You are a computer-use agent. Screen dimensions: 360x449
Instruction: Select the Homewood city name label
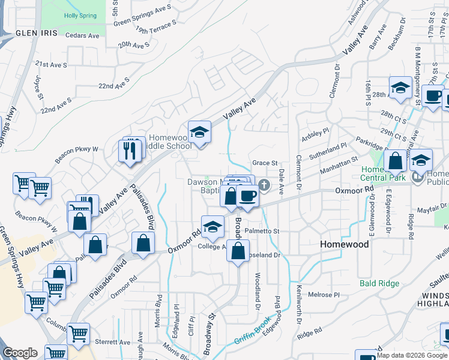coord(344,245)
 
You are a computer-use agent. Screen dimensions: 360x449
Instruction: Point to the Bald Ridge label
coord(379,283)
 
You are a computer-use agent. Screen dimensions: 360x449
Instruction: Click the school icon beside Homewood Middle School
coord(199,131)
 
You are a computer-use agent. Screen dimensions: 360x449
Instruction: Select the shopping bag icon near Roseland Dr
coord(238,251)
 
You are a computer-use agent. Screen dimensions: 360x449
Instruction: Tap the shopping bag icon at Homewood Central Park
coord(396,161)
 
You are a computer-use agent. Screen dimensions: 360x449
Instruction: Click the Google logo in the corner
coord(20,353)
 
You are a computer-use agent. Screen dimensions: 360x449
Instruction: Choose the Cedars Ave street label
coord(83,35)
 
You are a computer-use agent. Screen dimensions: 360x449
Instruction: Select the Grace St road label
coord(265,163)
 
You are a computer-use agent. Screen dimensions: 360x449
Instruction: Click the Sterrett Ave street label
coord(109,342)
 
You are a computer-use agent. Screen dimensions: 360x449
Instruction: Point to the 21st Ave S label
coord(51,64)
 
